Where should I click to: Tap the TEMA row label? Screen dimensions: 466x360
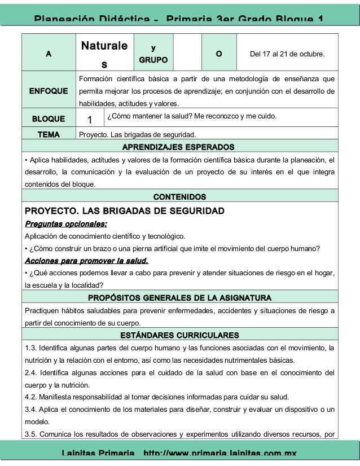coord(49,135)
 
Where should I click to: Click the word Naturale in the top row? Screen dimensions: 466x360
coord(104,45)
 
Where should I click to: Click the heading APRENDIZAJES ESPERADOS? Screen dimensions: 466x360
coord(179,147)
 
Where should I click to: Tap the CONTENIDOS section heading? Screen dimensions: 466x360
coord(179,197)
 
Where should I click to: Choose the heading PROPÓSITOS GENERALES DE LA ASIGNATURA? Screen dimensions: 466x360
coord(179,297)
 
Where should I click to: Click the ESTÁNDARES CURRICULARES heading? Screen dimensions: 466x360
coord(179,336)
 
